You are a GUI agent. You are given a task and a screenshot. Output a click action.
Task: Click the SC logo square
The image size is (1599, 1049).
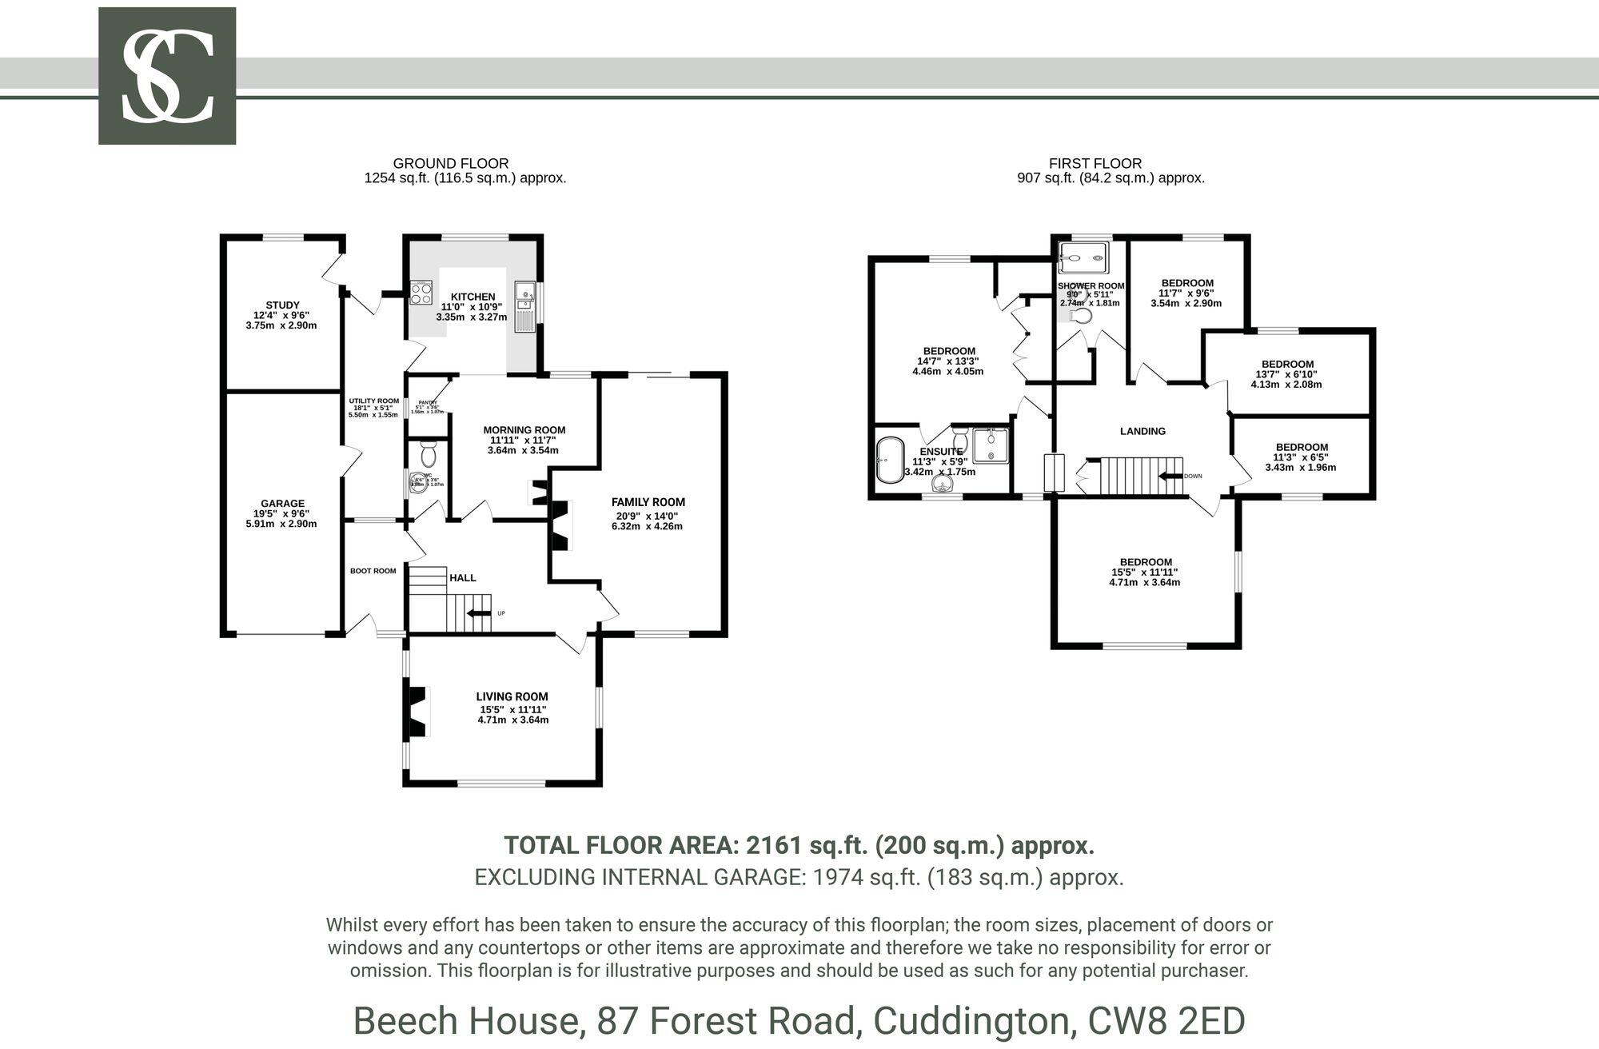click(x=167, y=76)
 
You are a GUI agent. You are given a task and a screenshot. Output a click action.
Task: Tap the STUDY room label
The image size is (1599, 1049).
click(x=282, y=305)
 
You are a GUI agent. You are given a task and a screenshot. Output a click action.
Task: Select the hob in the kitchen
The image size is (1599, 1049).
click(x=421, y=293)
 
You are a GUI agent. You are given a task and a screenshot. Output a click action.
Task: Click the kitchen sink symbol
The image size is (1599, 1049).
click(x=526, y=293)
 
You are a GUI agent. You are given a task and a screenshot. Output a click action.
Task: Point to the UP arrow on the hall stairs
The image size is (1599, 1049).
click(x=480, y=613)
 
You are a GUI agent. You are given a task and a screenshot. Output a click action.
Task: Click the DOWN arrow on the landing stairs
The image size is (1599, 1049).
click(x=1172, y=476)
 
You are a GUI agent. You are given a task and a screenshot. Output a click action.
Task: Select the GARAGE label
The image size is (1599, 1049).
click(x=282, y=504)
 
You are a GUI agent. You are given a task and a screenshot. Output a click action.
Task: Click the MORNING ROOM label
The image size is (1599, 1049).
click(x=524, y=430)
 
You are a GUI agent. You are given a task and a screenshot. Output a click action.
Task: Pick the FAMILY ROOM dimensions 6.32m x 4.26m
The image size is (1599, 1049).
click(x=648, y=526)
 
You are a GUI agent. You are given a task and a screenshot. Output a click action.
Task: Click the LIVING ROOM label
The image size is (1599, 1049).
click(x=512, y=696)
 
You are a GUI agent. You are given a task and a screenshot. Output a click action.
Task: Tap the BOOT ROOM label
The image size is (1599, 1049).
click(x=373, y=571)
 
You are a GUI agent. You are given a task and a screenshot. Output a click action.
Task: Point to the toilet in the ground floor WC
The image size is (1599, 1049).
click(x=428, y=456)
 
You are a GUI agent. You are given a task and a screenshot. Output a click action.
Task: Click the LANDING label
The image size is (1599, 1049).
click(x=1142, y=431)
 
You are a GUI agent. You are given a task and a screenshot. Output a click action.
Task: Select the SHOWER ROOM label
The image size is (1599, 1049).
click(x=1091, y=286)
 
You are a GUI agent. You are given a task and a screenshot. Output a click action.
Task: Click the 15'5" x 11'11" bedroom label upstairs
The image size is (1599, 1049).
click(x=1145, y=562)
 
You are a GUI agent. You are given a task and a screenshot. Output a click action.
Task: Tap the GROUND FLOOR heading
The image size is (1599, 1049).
click(x=451, y=163)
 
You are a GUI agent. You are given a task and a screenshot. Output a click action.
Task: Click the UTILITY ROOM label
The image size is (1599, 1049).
click(x=373, y=401)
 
